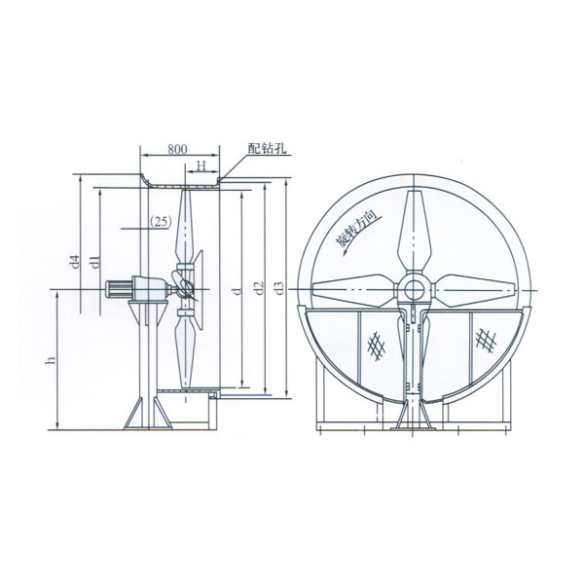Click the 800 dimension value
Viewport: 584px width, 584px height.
(x=177, y=149)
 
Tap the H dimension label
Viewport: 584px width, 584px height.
(x=201, y=165)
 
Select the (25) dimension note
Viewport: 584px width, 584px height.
(x=161, y=221)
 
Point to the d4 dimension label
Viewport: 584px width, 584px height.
(x=76, y=262)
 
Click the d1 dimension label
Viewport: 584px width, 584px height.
(x=95, y=262)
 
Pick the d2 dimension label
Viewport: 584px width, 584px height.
(x=259, y=287)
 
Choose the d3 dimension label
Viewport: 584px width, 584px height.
(x=279, y=287)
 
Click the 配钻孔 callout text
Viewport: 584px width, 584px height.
(x=267, y=149)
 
